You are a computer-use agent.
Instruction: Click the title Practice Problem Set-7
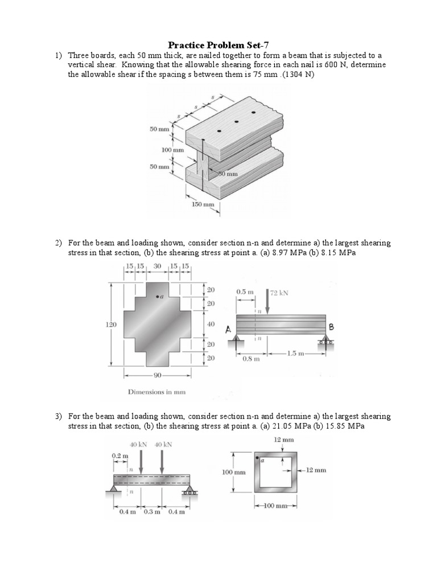(x=218, y=44)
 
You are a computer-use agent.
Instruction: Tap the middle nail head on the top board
(x=236, y=121)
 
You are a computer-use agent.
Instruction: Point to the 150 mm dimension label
(x=203, y=204)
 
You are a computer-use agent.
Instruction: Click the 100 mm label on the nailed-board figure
(x=172, y=150)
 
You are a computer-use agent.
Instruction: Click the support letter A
(x=228, y=329)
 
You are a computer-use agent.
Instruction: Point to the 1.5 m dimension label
(x=295, y=354)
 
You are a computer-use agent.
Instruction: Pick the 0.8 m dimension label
(x=251, y=359)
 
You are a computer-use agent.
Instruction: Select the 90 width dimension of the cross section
(x=158, y=375)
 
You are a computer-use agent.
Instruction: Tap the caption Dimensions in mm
(x=156, y=392)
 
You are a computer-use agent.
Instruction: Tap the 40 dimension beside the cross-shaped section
(x=211, y=323)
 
